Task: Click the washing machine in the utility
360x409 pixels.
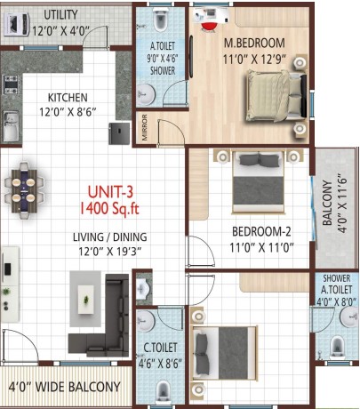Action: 17,24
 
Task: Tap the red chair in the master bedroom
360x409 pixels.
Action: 209,27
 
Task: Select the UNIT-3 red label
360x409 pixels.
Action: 110,192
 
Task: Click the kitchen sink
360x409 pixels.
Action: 11,126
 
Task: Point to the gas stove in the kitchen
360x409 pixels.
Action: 11,84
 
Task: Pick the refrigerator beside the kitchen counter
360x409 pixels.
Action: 119,133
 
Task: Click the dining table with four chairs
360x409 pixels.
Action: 24,190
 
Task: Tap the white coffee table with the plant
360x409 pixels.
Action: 86,300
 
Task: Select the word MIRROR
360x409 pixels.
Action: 145,127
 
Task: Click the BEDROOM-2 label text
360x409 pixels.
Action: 261,231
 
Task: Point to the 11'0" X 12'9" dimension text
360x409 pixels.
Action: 254,59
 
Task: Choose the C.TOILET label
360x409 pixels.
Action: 160,348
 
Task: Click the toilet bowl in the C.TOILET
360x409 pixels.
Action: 164,391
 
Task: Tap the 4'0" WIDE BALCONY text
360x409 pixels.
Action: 64,387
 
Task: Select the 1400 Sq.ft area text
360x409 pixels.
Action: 109,208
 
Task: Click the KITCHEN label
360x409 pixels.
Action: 68,98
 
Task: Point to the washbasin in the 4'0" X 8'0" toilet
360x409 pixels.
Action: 349,317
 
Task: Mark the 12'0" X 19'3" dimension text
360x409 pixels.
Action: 110,252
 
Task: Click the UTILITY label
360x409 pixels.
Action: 60,14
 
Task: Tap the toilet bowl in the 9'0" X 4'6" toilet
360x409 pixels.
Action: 160,20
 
